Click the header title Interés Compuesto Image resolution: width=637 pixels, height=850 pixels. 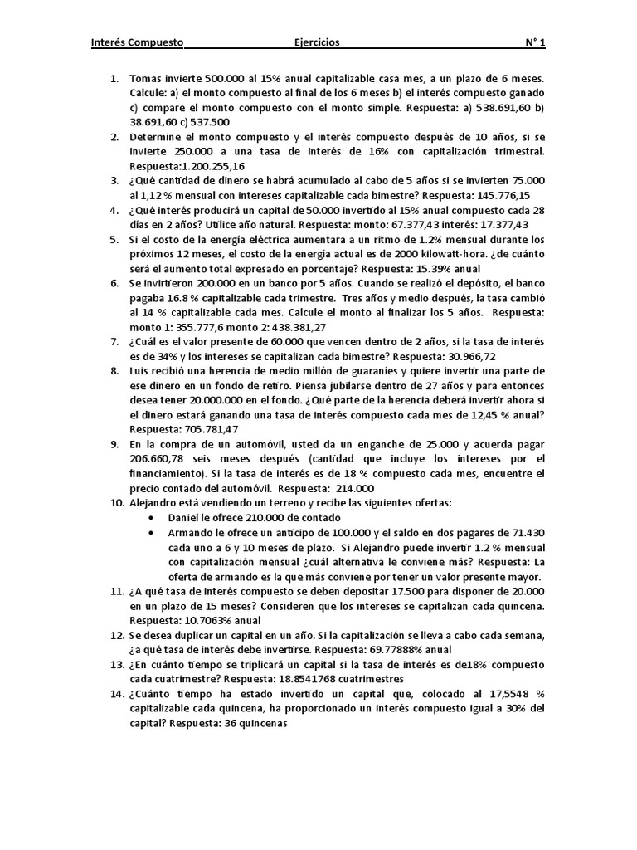pos(137,43)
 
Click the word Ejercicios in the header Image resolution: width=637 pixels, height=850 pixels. pos(317,43)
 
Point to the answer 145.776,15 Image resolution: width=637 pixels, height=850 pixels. pos(498,195)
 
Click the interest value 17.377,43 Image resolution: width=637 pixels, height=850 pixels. pos(500,225)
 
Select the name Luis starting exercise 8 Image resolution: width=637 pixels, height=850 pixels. pos(140,370)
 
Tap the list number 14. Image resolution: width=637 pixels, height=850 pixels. pos(115,694)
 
